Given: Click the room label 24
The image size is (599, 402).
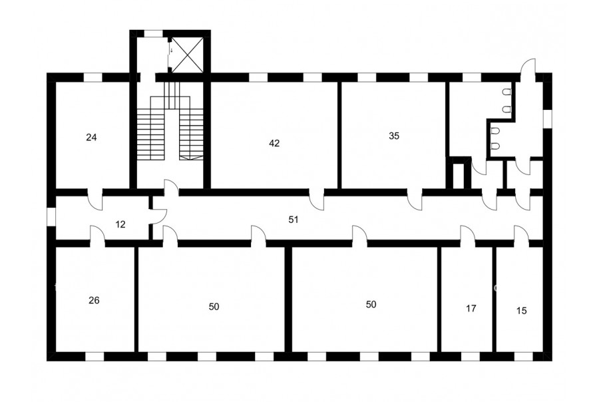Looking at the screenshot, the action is point(91,137).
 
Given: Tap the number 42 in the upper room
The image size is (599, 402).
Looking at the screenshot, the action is point(274,143).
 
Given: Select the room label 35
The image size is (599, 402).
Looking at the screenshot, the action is point(394,136).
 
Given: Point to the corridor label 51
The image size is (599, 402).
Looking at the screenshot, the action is point(293,220).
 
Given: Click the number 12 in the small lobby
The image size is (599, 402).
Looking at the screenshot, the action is point(120,224).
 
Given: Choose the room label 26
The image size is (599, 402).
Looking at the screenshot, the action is point(94,301).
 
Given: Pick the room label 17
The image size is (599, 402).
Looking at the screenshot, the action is point(471,308).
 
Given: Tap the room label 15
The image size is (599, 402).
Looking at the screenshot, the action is point(521,311).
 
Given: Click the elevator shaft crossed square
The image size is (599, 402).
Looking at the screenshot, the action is point(188,55).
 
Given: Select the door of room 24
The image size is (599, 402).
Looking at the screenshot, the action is point(95,200).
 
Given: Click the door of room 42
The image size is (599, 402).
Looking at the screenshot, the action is point(317,200).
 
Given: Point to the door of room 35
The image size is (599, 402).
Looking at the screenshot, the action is point(415,200).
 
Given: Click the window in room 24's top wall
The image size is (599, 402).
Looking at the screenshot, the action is point(93,77).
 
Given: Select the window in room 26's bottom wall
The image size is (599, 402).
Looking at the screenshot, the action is point(95,357).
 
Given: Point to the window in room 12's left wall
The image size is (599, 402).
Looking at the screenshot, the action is point(51,216).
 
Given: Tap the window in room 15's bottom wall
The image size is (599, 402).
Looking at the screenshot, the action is point(522,357).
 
